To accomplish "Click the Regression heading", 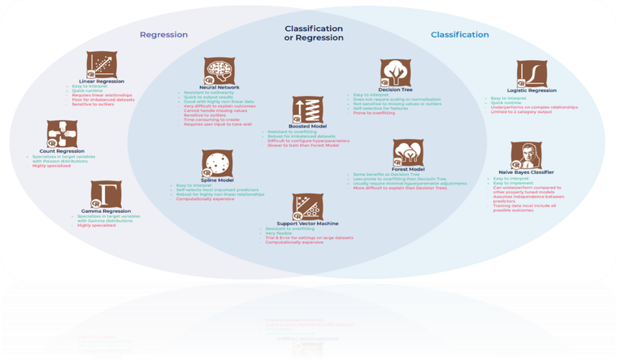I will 163,35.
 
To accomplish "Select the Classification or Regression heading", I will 313,34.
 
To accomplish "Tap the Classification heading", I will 459,35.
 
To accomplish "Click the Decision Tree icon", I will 397,71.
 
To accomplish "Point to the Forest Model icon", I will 408,153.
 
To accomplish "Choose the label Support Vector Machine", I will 306,223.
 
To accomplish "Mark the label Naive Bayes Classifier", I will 525,172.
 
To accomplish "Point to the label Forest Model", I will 409,169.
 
